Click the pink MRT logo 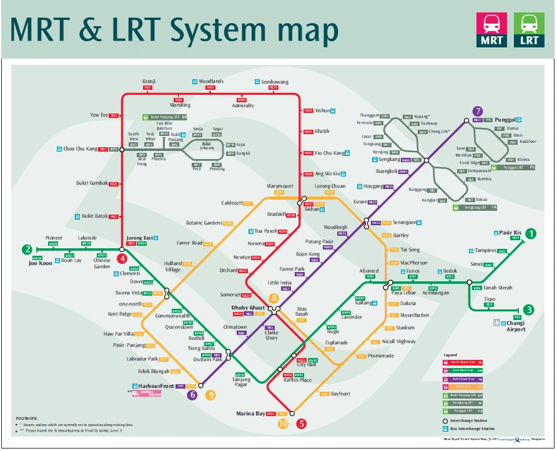491,29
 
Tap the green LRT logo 528,29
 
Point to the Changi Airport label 516,326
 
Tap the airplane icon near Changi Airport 497,322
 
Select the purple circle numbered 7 478,111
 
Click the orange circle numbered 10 283,424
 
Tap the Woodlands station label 211,82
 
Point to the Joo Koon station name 41,263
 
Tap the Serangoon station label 405,222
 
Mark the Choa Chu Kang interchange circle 122,149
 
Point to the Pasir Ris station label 510,232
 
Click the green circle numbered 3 529,310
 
